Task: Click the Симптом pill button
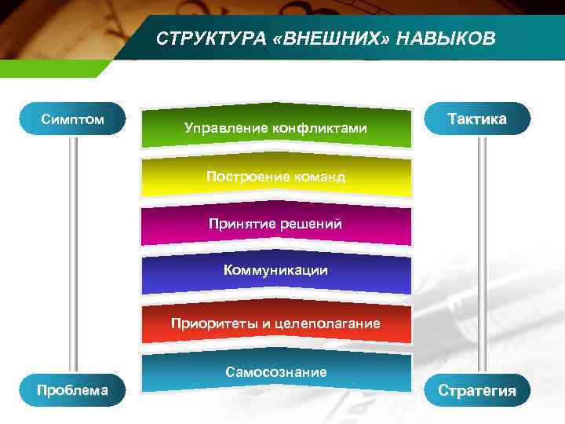(72, 119)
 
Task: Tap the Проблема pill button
(72, 390)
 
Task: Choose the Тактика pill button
(477, 119)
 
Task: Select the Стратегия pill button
(477, 390)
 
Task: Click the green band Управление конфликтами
(275, 126)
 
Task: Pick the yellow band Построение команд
(275, 177)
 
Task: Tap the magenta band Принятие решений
(275, 224)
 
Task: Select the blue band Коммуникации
(275, 271)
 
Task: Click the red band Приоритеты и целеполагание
(275, 323)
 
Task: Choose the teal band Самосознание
(275, 372)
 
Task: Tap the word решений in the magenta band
(312, 224)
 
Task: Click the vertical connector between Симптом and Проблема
(72, 251)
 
